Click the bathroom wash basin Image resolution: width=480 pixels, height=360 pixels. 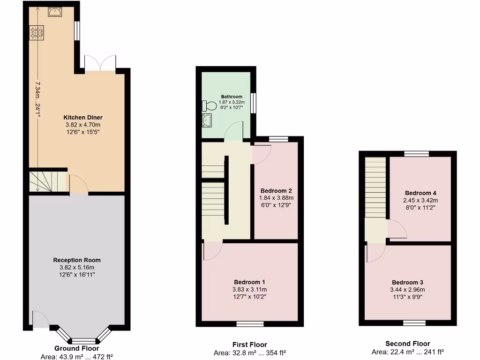pyautogui.click(x=207, y=121)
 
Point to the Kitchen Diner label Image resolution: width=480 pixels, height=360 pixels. pyautogui.click(x=83, y=117)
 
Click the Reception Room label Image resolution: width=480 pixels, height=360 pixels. pyautogui.click(x=76, y=260)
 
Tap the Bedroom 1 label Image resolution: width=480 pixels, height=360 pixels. pyautogui.click(x=249, y=282)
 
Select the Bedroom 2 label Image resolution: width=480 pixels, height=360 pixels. pyautogui.click(x=276, y=191)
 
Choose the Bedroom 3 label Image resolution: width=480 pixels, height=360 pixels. pyautogui.click(x=407, y=282)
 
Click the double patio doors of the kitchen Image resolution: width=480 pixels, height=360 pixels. pyautogui.click(x=100, y=63)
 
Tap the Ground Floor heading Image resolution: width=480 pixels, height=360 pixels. pyautogui.click(x=76, y=348)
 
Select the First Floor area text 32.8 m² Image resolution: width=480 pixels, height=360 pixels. pyautogui.click(x=249, y=353)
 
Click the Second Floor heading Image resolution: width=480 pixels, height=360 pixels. pyautogui.click(x=407, y=344)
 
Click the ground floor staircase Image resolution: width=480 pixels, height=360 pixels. pyautogui.click(x=47, y=181)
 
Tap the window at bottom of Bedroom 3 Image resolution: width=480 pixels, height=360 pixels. pyautogui.click(x=414, y=323)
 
